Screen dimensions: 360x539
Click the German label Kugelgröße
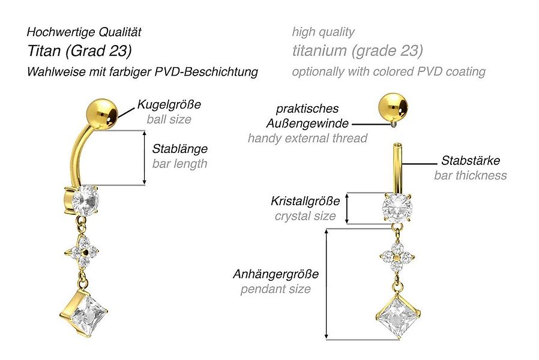coord(169,104)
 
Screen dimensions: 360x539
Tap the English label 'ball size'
coord(169,119)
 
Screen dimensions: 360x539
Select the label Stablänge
coord(179,148)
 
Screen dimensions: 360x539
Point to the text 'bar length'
coord(179,163)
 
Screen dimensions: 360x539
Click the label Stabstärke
coord(470,160)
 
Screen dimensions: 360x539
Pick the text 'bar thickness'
coord(470,175)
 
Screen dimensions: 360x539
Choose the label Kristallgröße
coord(305,201)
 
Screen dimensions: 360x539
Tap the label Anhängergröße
coord(276,274)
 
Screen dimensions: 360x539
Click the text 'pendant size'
coord(276,289)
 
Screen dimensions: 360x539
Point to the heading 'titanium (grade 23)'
coord(357,51)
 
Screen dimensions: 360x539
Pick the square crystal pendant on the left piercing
coord(86,313)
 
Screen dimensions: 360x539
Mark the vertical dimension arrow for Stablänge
coord(144,158)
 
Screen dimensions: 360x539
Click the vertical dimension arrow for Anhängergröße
coord(326,283)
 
